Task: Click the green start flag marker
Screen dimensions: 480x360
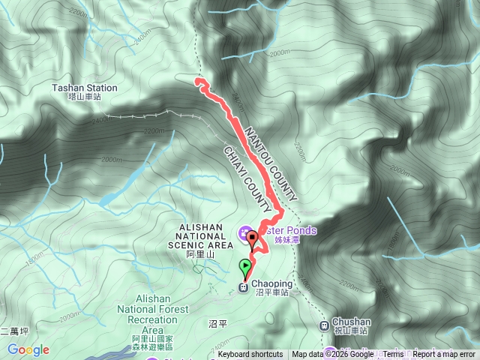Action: point(245,266)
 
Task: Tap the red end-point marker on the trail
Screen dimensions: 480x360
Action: point(253,239)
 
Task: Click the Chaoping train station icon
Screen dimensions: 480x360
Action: point(243,286)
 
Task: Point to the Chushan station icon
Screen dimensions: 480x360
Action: point(324,325)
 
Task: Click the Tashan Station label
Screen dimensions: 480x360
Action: point(76,88)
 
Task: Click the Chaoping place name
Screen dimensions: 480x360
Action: point(271,283)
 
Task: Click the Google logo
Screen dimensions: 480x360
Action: point(28,349)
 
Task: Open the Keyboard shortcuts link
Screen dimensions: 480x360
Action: point(250,355)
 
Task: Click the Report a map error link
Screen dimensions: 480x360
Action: point(444,355)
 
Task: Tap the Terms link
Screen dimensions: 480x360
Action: point(393,355)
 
